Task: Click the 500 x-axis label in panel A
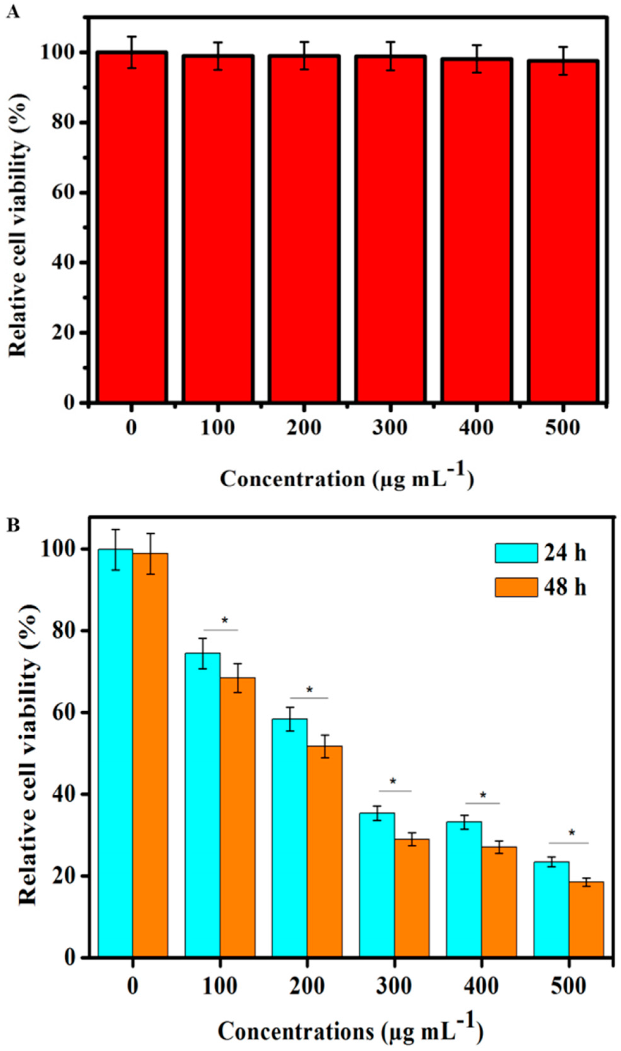pos(562,428)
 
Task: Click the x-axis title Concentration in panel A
pos(347,478)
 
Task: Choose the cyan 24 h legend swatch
pos(516,553)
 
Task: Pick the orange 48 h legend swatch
pos(516,587)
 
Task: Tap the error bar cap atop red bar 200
pos(304,42)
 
